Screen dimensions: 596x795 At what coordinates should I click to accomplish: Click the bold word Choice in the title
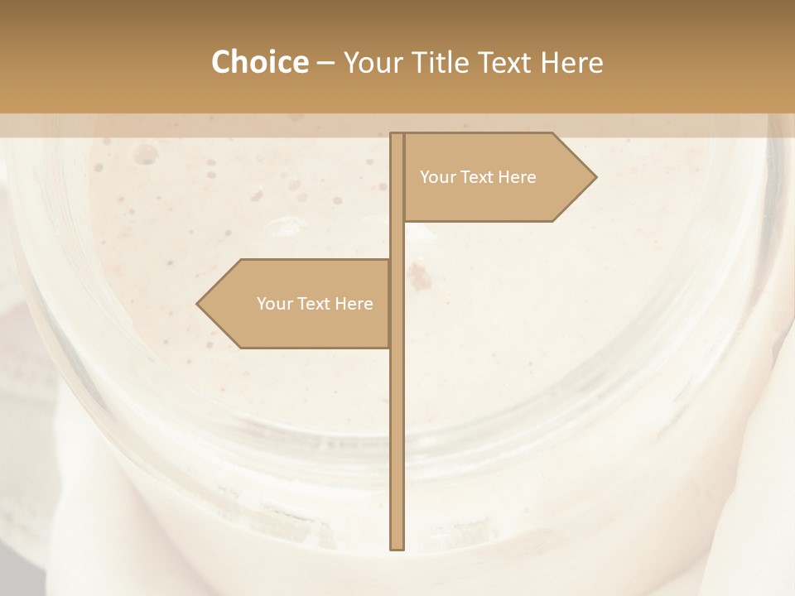[259, 62]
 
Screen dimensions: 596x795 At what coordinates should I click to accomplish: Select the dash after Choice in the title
[325, 63]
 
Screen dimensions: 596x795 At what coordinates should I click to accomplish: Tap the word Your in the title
[372, 63]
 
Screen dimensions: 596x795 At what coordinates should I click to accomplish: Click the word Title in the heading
[445, 62]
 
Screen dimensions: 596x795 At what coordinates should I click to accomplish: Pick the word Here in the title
[573, 62]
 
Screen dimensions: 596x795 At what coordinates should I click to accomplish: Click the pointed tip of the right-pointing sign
[595, 177]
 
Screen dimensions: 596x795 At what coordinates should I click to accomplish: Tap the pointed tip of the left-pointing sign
[198, 304]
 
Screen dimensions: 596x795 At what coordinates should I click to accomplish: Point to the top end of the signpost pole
[397, 135]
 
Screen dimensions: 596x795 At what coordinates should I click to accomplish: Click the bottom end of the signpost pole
[397, 547]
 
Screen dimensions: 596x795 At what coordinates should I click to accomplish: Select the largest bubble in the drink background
[147, 152]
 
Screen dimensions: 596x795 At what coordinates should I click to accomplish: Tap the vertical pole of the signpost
[397, 430]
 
